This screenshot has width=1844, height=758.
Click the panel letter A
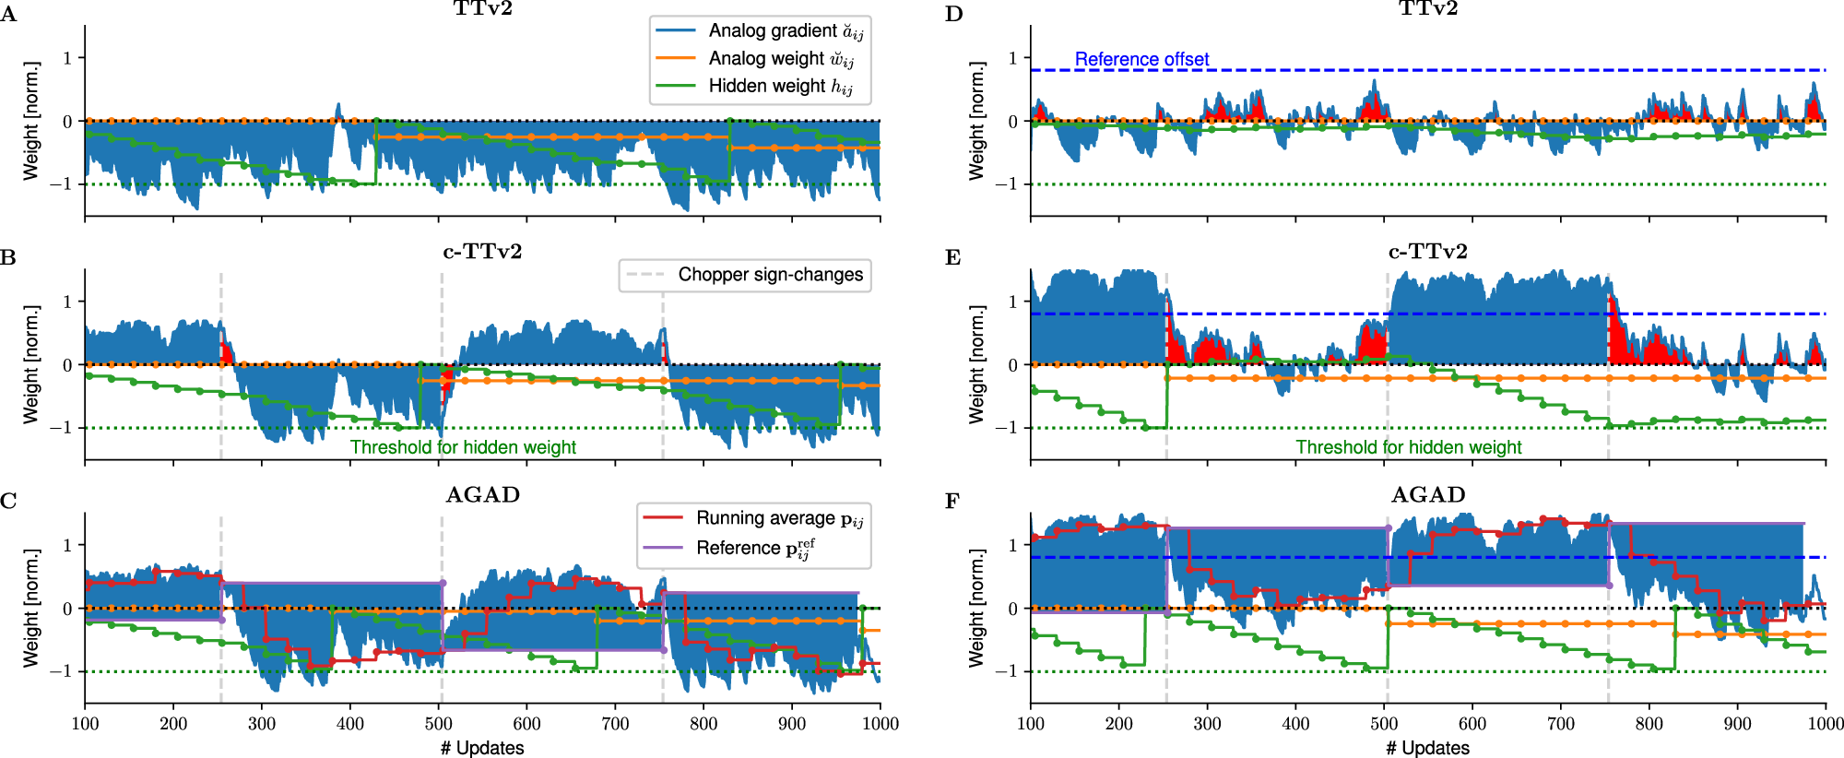point(8,14)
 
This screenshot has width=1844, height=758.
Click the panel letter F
point(952,501)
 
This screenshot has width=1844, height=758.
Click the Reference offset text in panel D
point(1141,60)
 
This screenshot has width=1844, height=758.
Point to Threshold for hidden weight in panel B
point(463,447)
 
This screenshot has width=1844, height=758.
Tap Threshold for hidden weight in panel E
point(1408,447)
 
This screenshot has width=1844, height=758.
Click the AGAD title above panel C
point(482,495)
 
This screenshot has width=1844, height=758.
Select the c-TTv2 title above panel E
point(1427,252)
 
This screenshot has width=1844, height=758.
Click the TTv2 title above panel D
point(1427,9)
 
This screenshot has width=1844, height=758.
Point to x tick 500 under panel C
point(438,724)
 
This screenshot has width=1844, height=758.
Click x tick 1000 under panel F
point(1825,724)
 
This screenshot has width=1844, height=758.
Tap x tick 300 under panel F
point(1207,724)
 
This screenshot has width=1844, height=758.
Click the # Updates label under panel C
point(481,748)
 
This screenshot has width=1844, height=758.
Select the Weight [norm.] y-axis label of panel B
point(31,364)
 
